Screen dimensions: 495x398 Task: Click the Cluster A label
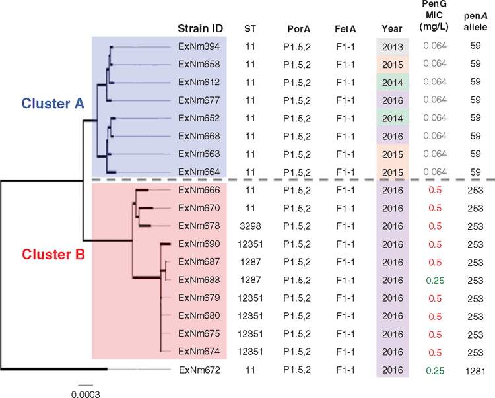tap(53, 104)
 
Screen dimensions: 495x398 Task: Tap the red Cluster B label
tap(53, 254)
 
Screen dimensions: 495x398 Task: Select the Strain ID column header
tap(200, 29)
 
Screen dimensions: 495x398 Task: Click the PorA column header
tap(298, 29)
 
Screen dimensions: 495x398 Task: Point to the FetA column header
tap(345, 29)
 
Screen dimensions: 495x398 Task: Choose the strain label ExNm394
tap(199, 46)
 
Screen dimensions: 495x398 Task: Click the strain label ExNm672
tap(199, 370)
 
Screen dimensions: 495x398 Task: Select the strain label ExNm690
tap(199, 244)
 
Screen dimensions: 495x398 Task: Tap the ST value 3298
tap(250, 226)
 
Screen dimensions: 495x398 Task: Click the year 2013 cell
tap(393, 47)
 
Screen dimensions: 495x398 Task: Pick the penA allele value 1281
tap(475, 371)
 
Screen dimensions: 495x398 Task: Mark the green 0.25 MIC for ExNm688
tap(435, 281)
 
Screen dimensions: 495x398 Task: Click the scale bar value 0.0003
tap(86, 394)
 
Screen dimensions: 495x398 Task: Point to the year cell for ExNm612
tap(393, 83)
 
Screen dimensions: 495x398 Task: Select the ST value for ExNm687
tap(250, 262)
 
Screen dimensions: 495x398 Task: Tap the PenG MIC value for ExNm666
tap(435, 190)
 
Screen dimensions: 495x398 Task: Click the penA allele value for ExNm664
tap(475, 172)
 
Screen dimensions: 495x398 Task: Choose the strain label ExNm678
tap(199, 226)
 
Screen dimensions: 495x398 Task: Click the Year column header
tap(392, 29)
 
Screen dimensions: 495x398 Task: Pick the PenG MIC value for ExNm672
tap(435, 371)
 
